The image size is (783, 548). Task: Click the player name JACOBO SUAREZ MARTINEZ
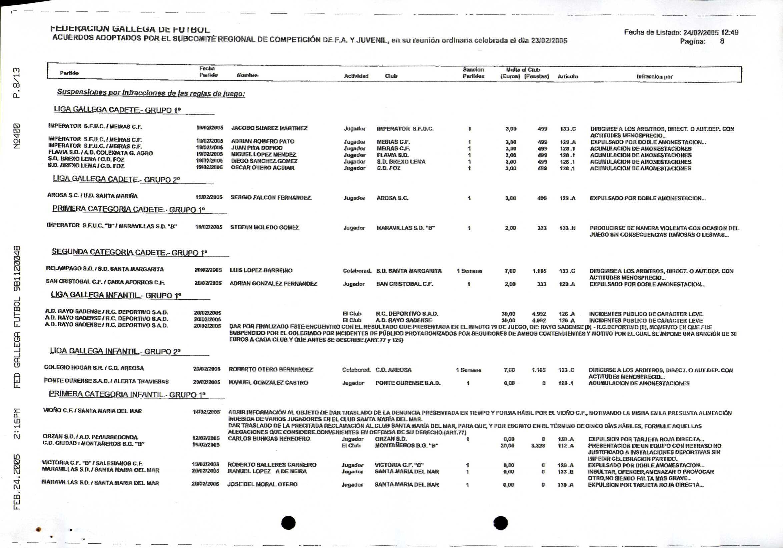point(269,128)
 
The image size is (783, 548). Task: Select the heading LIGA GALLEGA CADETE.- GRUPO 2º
point(116,179)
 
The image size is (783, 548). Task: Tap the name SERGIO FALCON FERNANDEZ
point(271,198)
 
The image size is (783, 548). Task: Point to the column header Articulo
point(568,76)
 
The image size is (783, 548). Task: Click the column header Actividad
point(356,76)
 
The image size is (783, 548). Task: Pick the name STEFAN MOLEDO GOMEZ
point(265,227)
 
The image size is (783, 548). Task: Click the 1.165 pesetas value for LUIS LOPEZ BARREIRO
point(539,271)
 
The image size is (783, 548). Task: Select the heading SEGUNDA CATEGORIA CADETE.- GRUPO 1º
point(130,253)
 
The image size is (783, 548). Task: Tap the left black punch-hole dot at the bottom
point(288,522)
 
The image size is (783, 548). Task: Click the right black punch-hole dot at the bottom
point(501,522)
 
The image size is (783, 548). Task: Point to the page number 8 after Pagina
point(722,41)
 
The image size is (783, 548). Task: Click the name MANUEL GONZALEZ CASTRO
point(268,383)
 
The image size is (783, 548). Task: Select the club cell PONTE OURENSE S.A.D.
point(408,383)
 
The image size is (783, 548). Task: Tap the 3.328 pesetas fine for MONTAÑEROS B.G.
point(538,446)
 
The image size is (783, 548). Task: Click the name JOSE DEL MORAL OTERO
point(262,484)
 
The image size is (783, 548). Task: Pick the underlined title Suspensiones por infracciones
point(151,93)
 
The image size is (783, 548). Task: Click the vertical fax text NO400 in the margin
point(17,136)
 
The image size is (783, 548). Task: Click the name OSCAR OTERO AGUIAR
point(263,168)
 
